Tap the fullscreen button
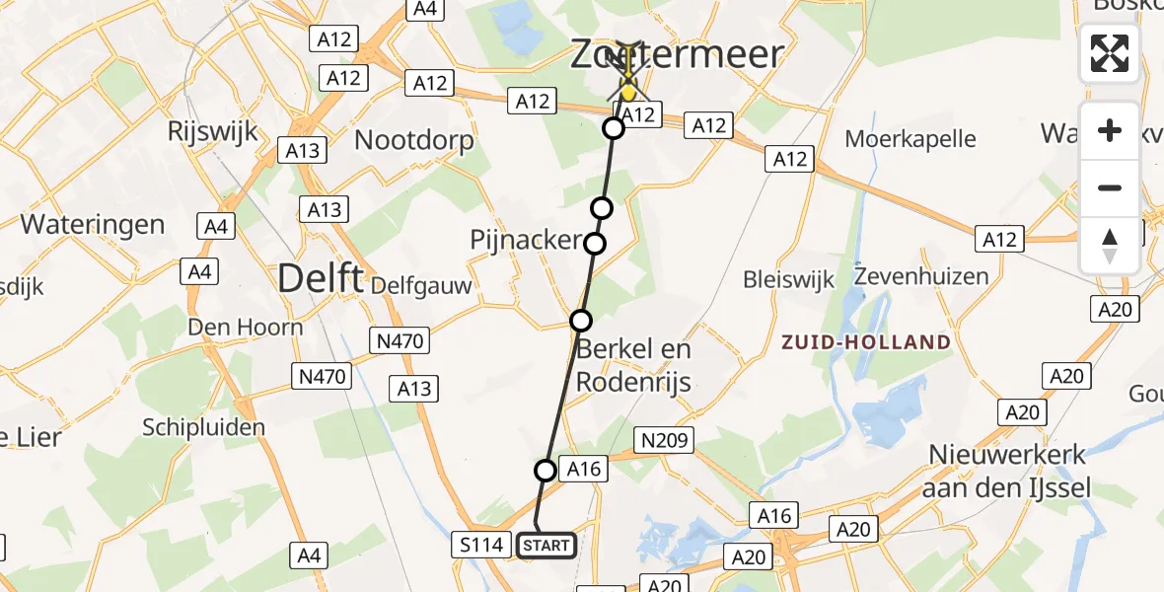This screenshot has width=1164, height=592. (1110, 53)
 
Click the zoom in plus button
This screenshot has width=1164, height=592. (1110, 130)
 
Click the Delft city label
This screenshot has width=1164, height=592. (321, 278)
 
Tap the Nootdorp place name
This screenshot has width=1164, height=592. (413, 139)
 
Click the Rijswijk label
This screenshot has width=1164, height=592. (212, 130)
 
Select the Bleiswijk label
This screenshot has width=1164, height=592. (789, 277)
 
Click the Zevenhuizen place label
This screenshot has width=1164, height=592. (921, 275)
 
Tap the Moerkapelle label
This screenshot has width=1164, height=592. (909, 139)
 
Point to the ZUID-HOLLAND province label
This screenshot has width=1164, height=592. (866, 342)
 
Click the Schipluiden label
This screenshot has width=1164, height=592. (204, 427)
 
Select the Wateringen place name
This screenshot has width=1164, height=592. (92, 224)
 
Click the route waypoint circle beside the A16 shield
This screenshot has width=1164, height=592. (546, 471)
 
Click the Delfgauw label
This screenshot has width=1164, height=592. (421, 286)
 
